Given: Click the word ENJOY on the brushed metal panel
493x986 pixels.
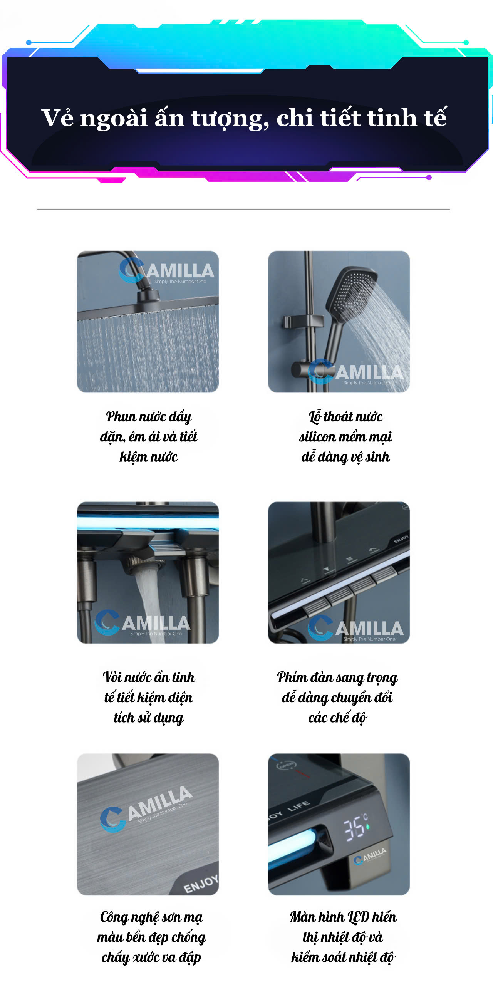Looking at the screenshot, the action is pyautogui.click(x=201, y=884).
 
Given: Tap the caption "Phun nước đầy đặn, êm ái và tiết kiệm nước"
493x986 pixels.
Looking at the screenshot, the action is pyautogui.click(x=149, y=437).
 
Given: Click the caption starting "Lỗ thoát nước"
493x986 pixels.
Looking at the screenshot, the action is pyautogui.click(x=345, y=437).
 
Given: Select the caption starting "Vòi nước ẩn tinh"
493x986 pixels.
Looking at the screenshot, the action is pyautogui.click(x=149, y=698).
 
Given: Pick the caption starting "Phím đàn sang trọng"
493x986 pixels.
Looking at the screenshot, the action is pyautogui.click(x=337, y=698).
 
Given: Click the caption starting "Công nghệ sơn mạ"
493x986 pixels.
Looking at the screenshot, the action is pyautogui.click(x=151, y=937).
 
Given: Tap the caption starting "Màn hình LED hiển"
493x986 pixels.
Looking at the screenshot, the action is pyautogui.click(x=343, y=937).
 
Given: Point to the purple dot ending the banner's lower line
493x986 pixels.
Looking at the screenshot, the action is pyautogui.click(x=429, y=178).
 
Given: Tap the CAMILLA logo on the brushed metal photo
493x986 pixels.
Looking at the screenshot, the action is pyautogui.click(x=146, y=809).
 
